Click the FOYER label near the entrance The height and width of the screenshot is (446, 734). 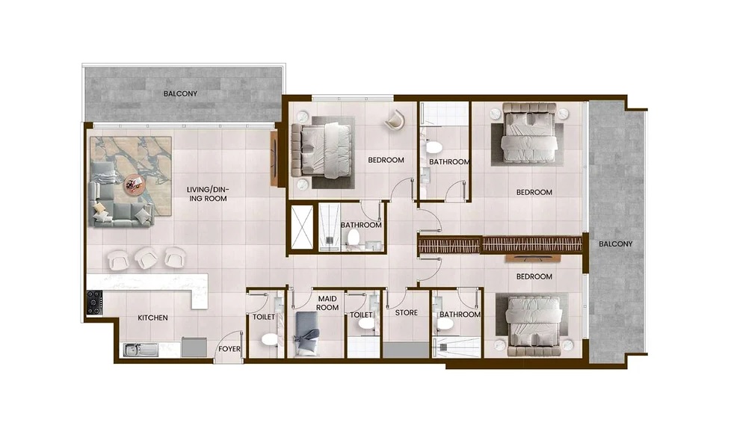228,349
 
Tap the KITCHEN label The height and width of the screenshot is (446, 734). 152,318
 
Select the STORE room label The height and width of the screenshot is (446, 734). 407,313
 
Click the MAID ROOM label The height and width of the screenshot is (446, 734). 327,303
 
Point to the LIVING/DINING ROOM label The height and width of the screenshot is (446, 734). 207,194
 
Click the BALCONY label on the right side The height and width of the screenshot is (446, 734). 615,244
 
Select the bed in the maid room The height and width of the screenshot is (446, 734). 306,332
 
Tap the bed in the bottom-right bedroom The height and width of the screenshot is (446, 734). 534,323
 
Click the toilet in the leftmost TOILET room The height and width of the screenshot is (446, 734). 269,340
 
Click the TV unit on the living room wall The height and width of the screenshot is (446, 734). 274,158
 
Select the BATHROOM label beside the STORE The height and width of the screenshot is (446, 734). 460,315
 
